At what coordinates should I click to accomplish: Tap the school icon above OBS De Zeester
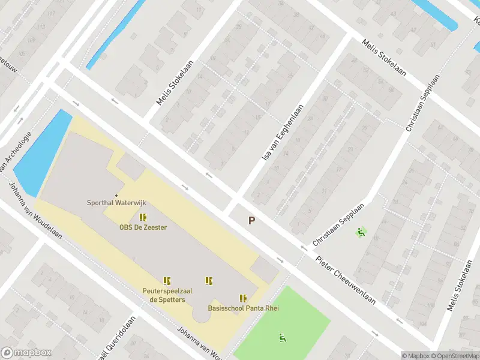(x=143, y=217)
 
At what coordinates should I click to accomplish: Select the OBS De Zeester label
(x=143, y=227)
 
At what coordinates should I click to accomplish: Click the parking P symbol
(x=252, y=221)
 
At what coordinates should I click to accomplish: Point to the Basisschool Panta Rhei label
(x=243, y=308)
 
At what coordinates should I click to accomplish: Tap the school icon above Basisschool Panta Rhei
(x=243, y=298)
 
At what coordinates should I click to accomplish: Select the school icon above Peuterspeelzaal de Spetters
(x=167, y=280)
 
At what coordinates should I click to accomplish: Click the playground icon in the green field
(x=282, y=338)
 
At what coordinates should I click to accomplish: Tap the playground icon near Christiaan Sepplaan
(x=361, y=232)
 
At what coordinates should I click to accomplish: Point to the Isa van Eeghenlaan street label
(x=283, y=132)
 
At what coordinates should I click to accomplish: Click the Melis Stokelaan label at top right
(x=384, y=58)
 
